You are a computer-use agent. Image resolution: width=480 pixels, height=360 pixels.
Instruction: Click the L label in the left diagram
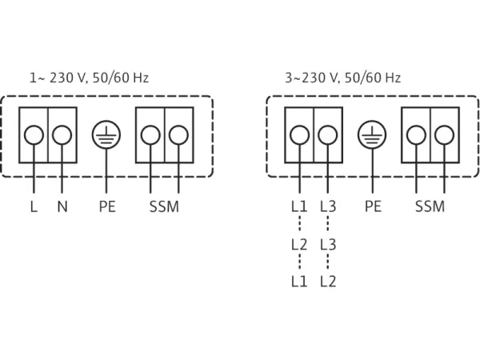coord(34,207)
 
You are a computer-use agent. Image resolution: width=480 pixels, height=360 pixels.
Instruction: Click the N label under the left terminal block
coord(62,207)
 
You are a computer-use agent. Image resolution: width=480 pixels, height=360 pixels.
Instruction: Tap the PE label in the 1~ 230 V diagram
coord(106,207)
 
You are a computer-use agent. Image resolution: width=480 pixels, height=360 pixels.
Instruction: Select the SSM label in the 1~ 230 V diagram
coord(164,207)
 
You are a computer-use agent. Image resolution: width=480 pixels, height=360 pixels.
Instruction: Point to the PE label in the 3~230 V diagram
coord(373,207)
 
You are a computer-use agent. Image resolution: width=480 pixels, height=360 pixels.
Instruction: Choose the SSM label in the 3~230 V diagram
coord(430,207)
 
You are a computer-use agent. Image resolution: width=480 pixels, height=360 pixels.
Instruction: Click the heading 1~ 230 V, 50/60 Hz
coord(89,78)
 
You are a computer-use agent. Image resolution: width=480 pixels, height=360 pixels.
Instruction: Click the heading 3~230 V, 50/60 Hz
coord(342,78)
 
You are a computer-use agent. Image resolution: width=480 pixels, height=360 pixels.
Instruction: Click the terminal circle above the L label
coord(34,134)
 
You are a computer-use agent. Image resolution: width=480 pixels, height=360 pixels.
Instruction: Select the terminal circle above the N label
coord(62,134)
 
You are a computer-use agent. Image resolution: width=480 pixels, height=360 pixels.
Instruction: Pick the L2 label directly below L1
coord(299,244)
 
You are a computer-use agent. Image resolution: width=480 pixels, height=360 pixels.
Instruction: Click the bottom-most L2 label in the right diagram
coord(328,281)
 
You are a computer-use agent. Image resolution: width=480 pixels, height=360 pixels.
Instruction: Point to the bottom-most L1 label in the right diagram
coord(299,281)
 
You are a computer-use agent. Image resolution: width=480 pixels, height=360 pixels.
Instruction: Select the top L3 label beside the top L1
coord(328,207)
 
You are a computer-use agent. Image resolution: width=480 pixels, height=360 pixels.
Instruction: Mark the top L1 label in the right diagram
coord(299,207)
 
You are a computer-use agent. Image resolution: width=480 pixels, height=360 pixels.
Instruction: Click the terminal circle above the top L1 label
coord(299,134)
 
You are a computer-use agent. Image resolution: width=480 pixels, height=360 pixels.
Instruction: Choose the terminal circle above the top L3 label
coord(328,134)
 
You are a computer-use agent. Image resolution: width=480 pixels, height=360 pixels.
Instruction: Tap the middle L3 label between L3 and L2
coord(328,244)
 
